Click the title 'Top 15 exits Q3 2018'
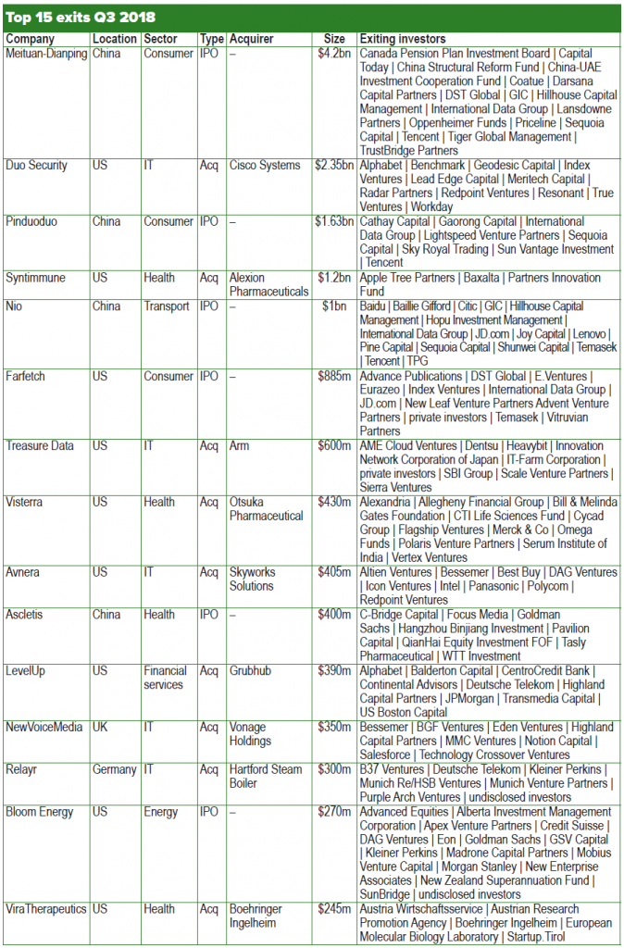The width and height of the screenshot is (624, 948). pos(81,18)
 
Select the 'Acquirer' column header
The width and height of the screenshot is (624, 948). pos(252,39)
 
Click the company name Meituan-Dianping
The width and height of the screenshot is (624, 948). pos(46,54)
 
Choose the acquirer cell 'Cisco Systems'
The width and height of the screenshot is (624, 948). pos(265,166)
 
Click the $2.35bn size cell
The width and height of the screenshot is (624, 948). pos(334,166)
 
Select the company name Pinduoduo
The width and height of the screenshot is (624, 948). pos(36,222)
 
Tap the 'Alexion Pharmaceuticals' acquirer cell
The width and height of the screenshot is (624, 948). pos(268,284)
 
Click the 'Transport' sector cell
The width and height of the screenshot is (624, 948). pos(168,306)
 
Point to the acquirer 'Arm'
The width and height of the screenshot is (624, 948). pos(240,446)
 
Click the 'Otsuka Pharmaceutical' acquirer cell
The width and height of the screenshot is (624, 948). pos(267,508)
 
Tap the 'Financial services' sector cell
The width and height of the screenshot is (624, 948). pos(166,678)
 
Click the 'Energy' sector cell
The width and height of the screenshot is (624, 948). pos(161,812)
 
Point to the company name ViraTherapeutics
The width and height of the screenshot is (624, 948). pos(46,909)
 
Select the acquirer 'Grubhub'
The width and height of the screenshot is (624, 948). pos(251,671)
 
